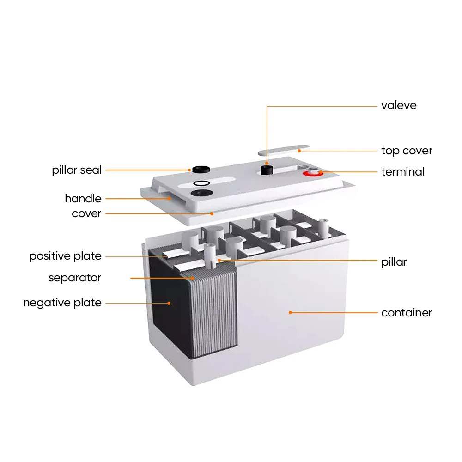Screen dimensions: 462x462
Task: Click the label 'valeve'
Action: click(399, 105)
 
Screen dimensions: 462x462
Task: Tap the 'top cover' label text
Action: click(407, 151)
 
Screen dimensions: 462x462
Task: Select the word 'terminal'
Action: click(402, 172)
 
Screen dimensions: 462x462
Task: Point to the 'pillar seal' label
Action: click(77, 170)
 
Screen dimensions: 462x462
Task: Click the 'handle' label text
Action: click(83, 199)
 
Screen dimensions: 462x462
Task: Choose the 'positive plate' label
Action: click(65, 256)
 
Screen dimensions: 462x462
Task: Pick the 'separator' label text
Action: click(75, 278)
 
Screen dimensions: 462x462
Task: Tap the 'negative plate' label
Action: click(62, 303)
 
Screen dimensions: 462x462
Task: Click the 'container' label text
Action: click(407, 313)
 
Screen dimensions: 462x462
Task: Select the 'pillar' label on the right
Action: click(394, 262)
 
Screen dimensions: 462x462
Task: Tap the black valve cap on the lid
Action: click(267, 169)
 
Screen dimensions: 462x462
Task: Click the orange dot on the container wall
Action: click(291, 313)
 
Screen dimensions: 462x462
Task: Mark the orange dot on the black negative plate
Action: click(169, 303)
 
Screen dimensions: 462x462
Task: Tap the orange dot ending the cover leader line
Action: click(212, 213)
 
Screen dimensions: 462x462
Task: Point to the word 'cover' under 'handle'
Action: click(86, 213)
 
